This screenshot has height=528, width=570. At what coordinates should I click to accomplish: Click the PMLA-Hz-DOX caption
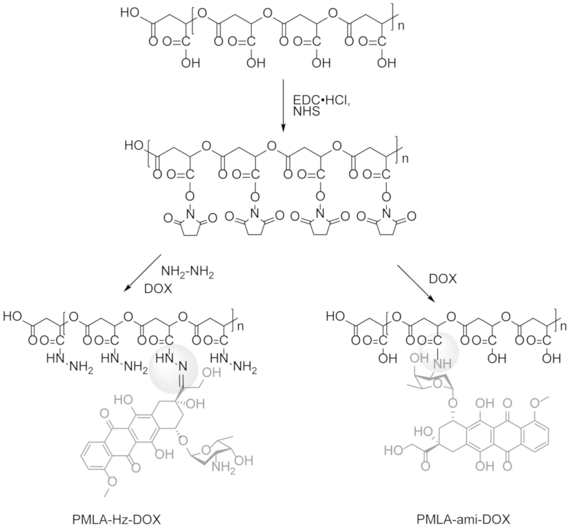pyautogui.click(x=116, y=519)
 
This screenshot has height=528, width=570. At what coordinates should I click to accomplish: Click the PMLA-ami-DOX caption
pyautogui.click(x=463, y=519)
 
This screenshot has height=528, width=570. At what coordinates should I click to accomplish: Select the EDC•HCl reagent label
pyautogui.click(x=322, y=100)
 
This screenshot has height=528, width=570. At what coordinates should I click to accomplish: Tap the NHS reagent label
pyautogui.click(x=306, y=111)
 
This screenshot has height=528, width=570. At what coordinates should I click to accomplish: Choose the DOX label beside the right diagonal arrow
pyautogui.click(x=443, y=279)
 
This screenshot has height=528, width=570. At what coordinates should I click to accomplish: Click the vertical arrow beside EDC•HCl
pyautogui.click(x=283, y=106)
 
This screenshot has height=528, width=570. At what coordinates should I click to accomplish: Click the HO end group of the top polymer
pyautogui.click(x=130, y=13)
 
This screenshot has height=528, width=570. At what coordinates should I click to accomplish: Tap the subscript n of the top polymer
pyautogui.click(x=401, y=26)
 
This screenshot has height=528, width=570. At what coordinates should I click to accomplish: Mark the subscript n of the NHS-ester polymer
pyautogui.click(x=405, y=158)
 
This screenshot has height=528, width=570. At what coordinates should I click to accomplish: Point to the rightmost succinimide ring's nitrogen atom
pyautogui.click(x=386, y=213)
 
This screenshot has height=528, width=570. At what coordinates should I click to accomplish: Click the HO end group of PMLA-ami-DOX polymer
pyautogui.click(x=335, y=317)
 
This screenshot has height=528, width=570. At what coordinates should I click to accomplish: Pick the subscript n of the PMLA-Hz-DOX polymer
pyautogui.click(x=241, y=326)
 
